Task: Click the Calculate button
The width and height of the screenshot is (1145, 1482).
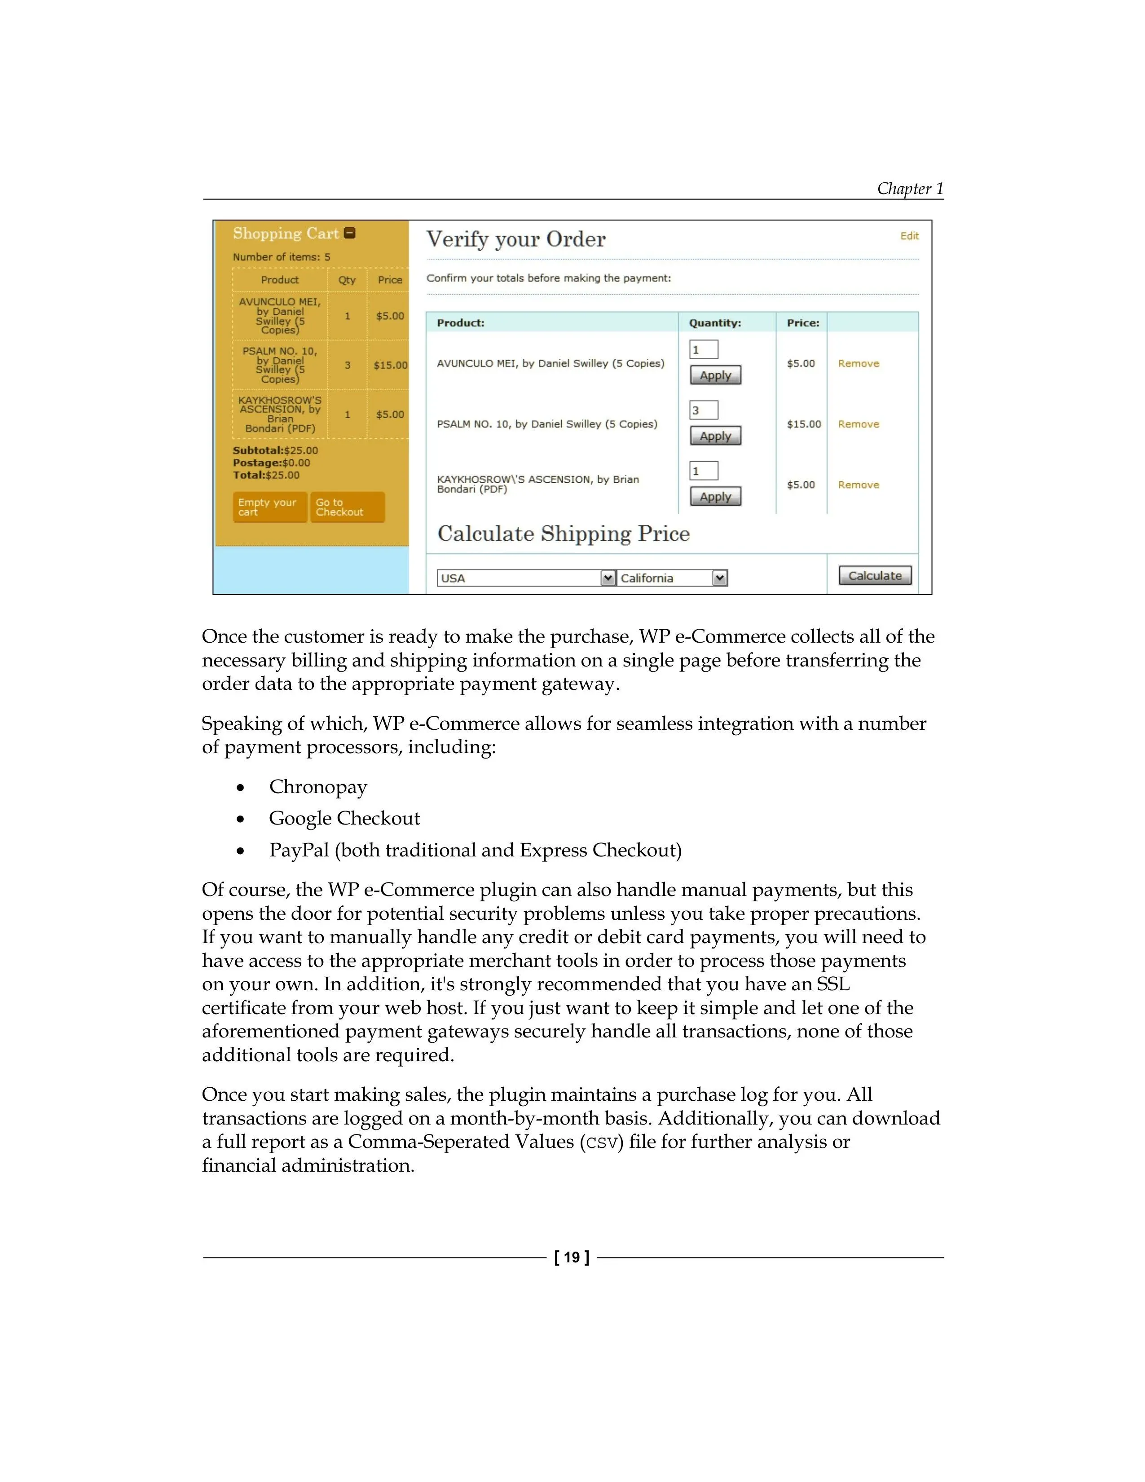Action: click(x=875, y=575)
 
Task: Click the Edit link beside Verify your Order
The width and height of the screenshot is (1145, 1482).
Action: click(x=909, y=236)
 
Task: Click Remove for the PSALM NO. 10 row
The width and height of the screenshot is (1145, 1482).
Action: click(x=858, y=424)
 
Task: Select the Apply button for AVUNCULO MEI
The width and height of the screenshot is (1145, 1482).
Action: click(x=715, y=375)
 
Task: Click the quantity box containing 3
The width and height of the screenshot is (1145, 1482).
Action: click(x=704, y=410)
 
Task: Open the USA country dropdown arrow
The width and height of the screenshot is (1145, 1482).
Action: click(x=608, y=578)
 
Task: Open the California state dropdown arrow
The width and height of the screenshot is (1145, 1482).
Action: click(x=720, y=578)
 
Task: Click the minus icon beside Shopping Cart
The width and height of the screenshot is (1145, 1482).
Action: click(x=350, y=233)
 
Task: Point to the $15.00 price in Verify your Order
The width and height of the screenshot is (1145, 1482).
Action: click(x=803, y=424)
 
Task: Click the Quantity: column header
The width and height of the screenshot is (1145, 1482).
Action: click(x=715, y=323)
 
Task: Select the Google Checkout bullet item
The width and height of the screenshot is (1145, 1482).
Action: click(x=344, y=818)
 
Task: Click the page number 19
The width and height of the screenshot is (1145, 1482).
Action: click(x=572, y=1257)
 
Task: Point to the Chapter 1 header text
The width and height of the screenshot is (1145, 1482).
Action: click(x=910, y=189)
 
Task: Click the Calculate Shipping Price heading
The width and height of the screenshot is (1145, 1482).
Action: click(x=563, y=534)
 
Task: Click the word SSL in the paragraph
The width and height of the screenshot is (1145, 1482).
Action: click(x=833, y=984)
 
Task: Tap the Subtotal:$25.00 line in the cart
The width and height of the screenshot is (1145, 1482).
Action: click(x=275, y=450)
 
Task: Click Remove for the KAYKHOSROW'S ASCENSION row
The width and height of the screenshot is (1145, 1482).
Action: click(x=858, y=485)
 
